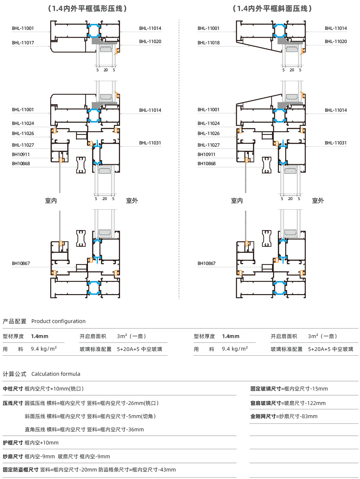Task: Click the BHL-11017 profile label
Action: tap(23, 43)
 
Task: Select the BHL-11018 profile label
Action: tap(209, 43)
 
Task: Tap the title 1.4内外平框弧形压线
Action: tap(88, 8)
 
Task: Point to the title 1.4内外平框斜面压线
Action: tap(273, 8)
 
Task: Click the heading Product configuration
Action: tap(58, 321)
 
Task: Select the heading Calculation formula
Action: tap(56, 374)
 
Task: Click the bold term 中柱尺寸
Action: tap(13, 389)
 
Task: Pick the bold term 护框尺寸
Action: tap(13, 443)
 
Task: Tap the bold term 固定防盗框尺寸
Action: tap(20, 470)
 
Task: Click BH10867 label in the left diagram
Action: tap(21, 263)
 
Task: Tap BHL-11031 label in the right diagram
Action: tap(336, 143)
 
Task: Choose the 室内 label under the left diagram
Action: tap(51, 201)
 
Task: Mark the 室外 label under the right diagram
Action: tap(318, 201)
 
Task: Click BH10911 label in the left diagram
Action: tap(21, 154)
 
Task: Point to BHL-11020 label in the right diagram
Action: tap(336, 41)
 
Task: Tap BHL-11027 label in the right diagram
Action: tap(209, 145)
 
